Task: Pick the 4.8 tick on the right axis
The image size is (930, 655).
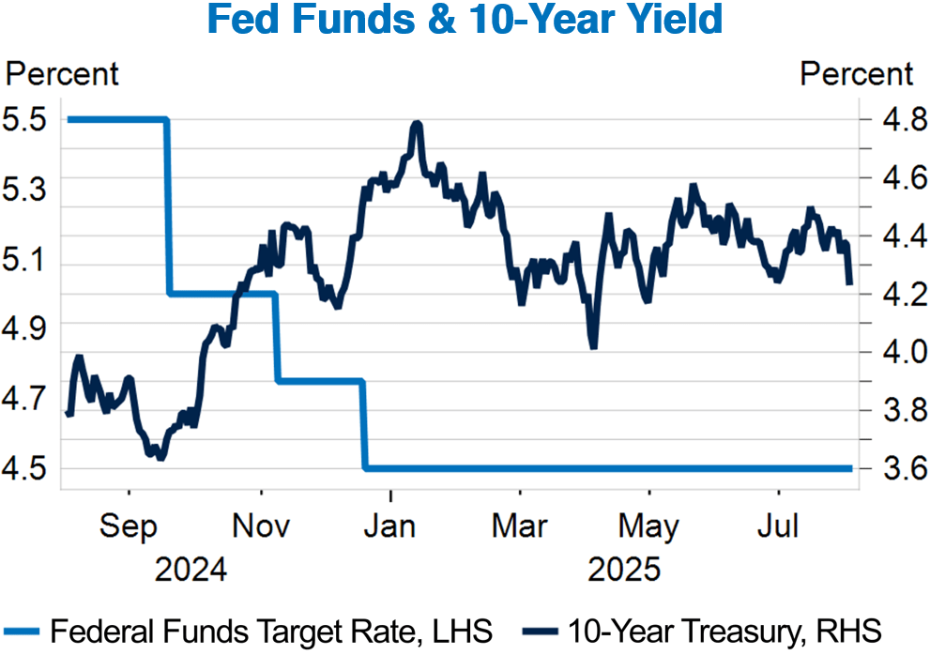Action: click(885, 120)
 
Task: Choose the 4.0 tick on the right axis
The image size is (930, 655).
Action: click(885, 352)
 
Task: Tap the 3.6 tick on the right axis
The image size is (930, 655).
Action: click(885, 468)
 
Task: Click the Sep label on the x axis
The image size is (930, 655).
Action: click(129, 526)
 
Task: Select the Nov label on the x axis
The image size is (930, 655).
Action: click(260, 526)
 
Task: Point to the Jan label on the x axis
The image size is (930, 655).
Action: click(390, 526)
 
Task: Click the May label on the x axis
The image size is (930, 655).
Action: click(649, 526)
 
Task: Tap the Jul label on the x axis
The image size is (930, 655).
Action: click(778, 526)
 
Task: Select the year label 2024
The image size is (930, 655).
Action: click(191, 570)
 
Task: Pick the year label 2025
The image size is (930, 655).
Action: click(623, 570)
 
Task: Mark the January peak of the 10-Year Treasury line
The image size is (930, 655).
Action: click(416, 124)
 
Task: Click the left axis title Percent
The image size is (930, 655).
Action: click(63, 73)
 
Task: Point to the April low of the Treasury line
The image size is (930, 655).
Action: click(593, 346)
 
